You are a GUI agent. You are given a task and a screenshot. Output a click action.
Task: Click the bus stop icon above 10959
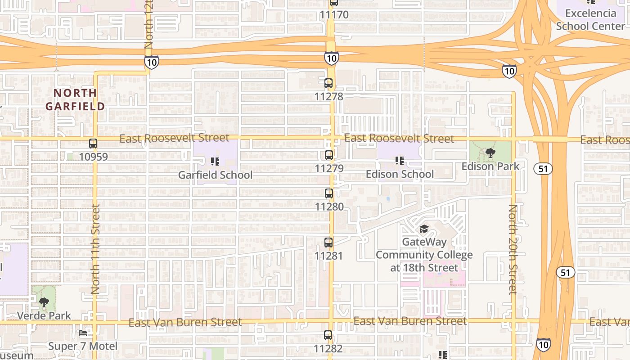tap(93, 144)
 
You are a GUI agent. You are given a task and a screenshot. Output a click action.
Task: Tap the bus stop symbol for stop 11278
tap(328, 83)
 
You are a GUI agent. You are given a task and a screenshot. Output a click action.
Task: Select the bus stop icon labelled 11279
tap(329, 155)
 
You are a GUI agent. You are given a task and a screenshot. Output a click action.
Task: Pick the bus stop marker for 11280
tap(329, 193)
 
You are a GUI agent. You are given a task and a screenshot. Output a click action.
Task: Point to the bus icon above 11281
tap(328, 243)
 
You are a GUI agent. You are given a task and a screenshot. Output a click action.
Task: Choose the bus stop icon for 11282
tap(328, 335)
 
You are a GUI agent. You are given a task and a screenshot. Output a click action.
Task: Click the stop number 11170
tap(334, 15)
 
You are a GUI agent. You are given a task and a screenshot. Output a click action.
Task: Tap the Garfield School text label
tap(215, 175)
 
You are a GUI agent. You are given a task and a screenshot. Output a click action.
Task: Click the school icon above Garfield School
tap(215, 161)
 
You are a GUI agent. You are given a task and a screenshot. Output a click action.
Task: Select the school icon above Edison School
tap(399, 161)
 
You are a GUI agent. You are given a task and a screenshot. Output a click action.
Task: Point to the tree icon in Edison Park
tap(490, 153)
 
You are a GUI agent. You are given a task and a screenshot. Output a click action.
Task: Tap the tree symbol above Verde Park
tap(44, 302)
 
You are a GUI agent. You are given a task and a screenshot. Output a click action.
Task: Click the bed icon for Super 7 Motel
tap(83, 333)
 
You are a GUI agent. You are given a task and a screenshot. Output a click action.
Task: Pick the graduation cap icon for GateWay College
tap(424, 229)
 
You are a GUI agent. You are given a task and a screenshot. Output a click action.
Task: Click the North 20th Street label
tap(513, 250)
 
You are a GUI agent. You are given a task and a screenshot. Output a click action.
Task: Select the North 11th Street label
tap(95, 249)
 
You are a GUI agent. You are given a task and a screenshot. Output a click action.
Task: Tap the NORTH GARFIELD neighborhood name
tap(75, 99)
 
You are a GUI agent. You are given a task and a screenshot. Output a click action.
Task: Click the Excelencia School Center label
tap(590, 20)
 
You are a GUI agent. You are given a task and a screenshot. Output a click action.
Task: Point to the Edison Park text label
tap(490, 166)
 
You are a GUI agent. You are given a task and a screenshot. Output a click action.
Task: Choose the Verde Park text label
tap(44, 315)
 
